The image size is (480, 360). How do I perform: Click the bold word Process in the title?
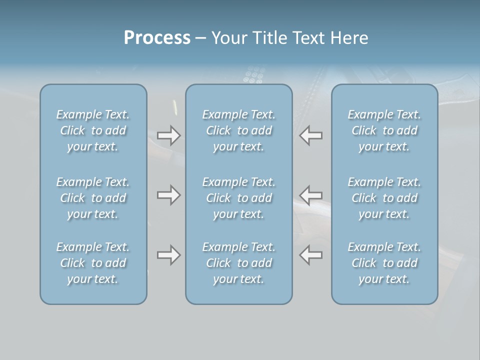click(157, 38)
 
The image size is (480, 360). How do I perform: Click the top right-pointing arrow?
click(169, 135)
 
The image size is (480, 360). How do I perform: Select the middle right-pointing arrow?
click(169, 195)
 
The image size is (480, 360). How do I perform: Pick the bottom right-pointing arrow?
click(169, 255)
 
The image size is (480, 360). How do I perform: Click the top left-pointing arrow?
click(311, 135)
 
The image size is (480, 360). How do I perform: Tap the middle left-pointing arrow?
click(311, 195)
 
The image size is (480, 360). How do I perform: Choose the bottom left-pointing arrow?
click(311, 254)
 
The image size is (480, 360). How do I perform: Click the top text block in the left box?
click(93, 130)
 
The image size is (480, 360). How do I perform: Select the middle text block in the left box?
click(93, 198)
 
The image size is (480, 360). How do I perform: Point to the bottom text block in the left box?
click(93, 263)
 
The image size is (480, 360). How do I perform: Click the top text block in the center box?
click(239, 130)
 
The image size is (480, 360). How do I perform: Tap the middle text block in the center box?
click(239, 198)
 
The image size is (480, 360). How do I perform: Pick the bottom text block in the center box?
click(239, 263)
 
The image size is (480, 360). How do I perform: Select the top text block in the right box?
click(384, 130)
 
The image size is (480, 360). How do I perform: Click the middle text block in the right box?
click(384, 198)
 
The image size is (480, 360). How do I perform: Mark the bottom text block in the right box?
click(384, 263)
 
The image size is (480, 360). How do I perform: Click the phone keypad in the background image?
click(254, 75)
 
